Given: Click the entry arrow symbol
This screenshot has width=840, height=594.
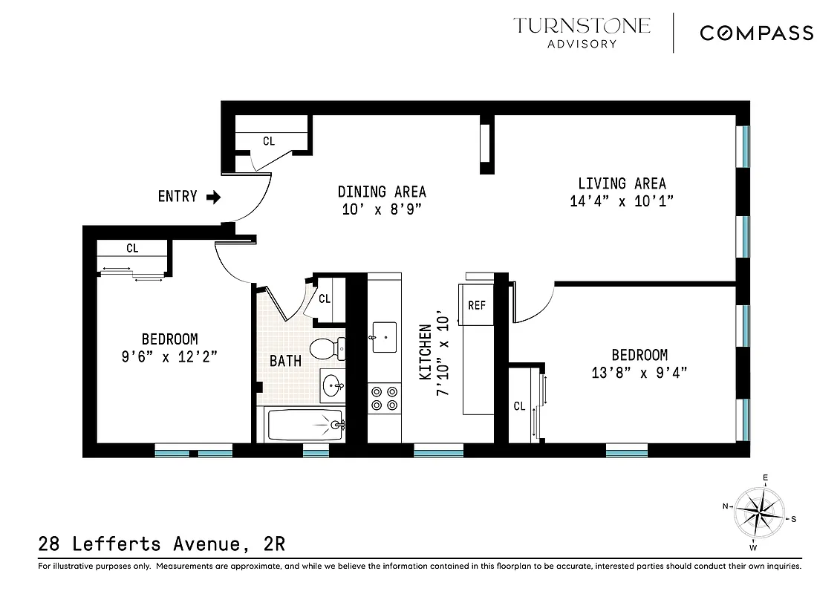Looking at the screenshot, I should click(x=213, y=197).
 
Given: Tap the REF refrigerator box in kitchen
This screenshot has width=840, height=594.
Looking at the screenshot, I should click(x=476, y=304).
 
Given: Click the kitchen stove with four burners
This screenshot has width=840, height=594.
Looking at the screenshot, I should click(x=383, y=397).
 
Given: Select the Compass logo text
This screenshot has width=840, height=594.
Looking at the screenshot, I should click(x=757, y=33).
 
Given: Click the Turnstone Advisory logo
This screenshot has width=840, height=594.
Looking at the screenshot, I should click(x=582, y=33).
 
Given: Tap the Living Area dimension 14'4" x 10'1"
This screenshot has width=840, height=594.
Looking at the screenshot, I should click(x=622, y=200).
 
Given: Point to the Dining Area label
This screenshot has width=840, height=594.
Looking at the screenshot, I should click(x=382, y=192).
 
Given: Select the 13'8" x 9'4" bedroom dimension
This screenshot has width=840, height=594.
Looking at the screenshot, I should click(x=639, y=372).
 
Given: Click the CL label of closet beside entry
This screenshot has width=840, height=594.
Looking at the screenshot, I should click(x=269, y=140).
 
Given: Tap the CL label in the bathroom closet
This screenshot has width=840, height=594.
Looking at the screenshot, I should click(x=325, y=299).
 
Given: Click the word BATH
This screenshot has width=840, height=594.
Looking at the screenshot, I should click(x=285, y=362).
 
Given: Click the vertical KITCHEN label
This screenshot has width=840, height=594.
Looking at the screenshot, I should click(x=425, y=352).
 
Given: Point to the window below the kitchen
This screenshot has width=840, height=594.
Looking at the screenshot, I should click(x=438, y=450).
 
